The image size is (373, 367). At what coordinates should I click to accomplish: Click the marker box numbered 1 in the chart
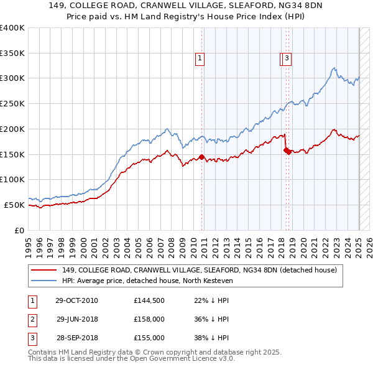coord(200,59)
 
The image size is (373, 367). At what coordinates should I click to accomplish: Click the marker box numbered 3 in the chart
coord(287,59)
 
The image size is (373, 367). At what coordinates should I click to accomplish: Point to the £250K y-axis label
coord(12,103)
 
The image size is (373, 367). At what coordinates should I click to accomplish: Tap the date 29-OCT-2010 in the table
coord(76,300)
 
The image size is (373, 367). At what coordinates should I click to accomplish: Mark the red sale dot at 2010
coord(201,157)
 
